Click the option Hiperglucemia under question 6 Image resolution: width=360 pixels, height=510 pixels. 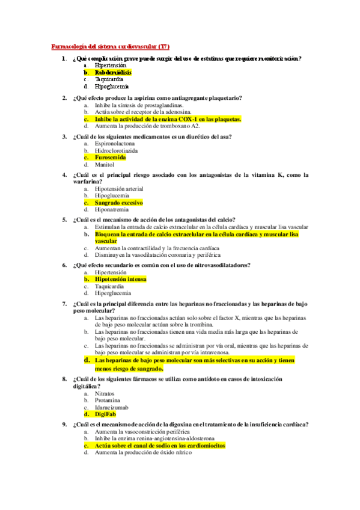pos(113,293)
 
